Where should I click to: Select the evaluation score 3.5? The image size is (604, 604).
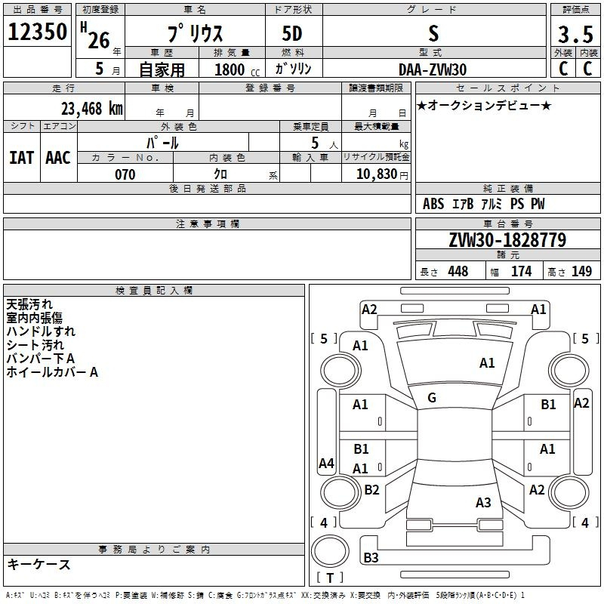(575, 35)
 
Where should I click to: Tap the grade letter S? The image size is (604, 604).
(433, 34)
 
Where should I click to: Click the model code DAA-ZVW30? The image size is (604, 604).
(433, 69)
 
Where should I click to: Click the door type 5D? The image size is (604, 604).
(294, 35)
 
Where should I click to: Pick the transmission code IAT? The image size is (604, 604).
(21, 158)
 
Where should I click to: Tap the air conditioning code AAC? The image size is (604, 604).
(57, 158)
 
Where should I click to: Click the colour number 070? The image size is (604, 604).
(125, 174)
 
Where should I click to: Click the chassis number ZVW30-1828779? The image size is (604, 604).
(507, 240)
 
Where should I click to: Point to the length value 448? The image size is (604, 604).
(458, 272)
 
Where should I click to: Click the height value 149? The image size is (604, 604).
(581, 272)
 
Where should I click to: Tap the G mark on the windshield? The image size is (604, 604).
(432, 398)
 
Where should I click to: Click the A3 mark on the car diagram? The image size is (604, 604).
(483, 503)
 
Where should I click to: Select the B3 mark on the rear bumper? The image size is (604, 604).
(371, 558)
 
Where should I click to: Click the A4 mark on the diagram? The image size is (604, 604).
(326, 464)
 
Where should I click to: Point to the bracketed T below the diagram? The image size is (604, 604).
(330, 578)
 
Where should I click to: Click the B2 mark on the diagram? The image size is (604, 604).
(371, 490)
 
